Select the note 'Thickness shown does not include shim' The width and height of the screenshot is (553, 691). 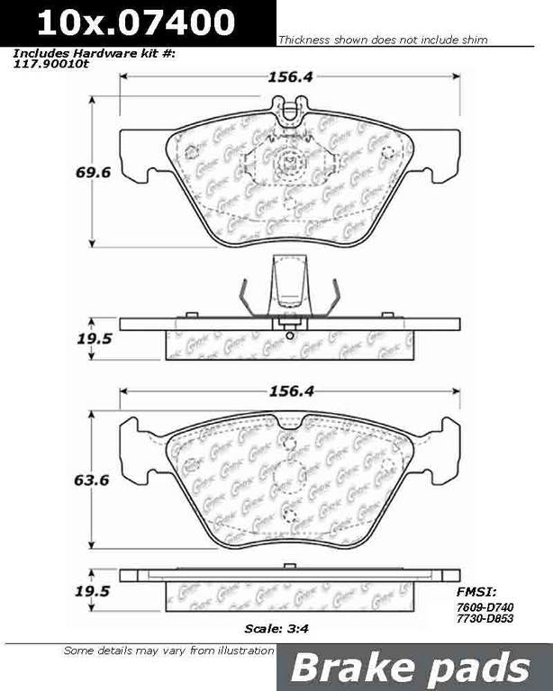pos(383,40)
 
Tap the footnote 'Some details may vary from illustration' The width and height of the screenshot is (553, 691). pos(168,650)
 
